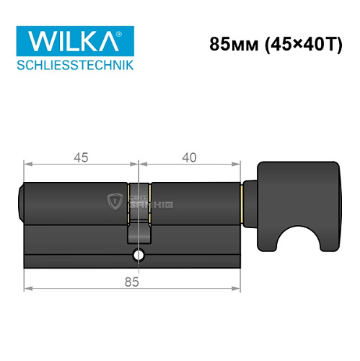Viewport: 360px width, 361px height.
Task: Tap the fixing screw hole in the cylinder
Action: (138, 256)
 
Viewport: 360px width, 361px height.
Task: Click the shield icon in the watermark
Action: (113, 201)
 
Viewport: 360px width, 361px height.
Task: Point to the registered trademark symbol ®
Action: (130, 32)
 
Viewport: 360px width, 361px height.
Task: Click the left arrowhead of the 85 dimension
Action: (27, 288)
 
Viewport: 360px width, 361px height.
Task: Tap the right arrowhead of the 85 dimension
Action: (237, 288)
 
